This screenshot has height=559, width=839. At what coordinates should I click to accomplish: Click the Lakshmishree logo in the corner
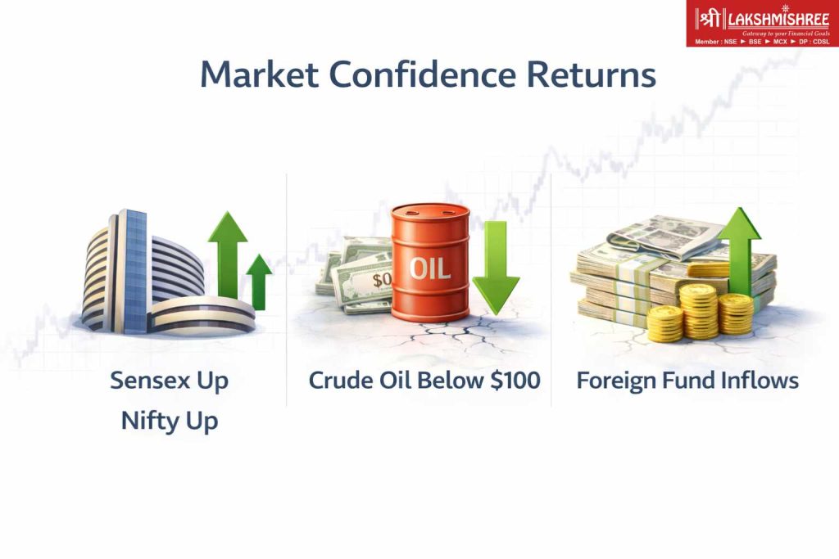[x=762, y=24]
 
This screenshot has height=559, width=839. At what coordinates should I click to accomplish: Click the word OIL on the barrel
[x=430, y=267]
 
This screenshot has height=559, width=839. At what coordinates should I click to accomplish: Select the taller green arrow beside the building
[x=227, y=254]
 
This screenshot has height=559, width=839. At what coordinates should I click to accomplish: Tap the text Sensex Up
[x=170, y=381]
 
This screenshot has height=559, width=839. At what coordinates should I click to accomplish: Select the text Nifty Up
[x=170, y=421]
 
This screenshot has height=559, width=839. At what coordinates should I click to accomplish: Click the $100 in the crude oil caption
[x=513, y=381]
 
